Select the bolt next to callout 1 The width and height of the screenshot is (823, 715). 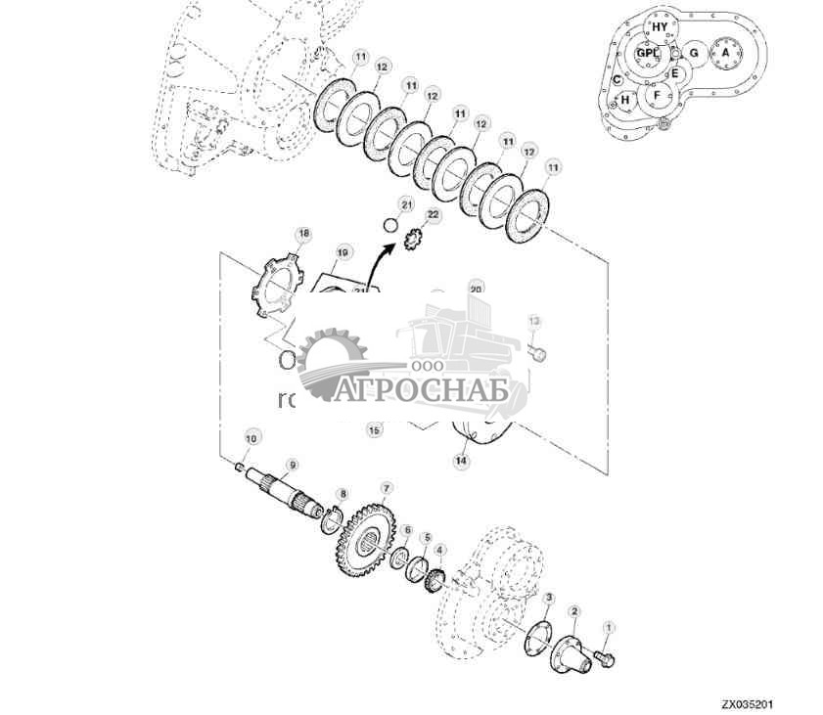coord(604,660)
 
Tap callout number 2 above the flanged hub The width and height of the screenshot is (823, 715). coord(574,612)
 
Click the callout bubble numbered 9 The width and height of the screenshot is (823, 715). coord(292,465)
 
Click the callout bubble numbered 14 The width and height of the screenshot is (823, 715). coord(461,461)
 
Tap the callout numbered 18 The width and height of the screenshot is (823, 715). coord(303,234)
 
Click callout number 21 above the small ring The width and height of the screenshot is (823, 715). coord(406,202)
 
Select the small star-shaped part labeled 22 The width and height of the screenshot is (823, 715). coord(414,238)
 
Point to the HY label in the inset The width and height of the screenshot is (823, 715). coord(660,27)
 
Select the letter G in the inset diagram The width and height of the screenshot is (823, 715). coord(693,54)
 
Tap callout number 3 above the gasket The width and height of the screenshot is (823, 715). coord(550,597)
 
